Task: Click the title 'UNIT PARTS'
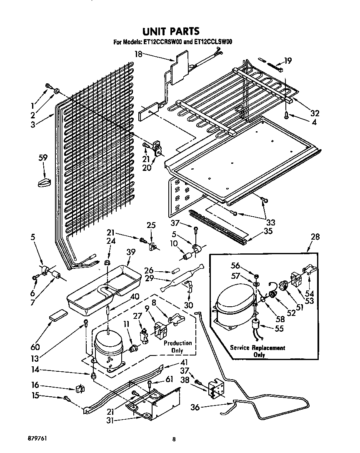coord(171,31)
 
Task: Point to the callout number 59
coord(43,158)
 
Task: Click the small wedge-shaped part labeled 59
coord(44,182)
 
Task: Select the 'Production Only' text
coord(177,346)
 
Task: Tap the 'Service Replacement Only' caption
coord(258,351)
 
